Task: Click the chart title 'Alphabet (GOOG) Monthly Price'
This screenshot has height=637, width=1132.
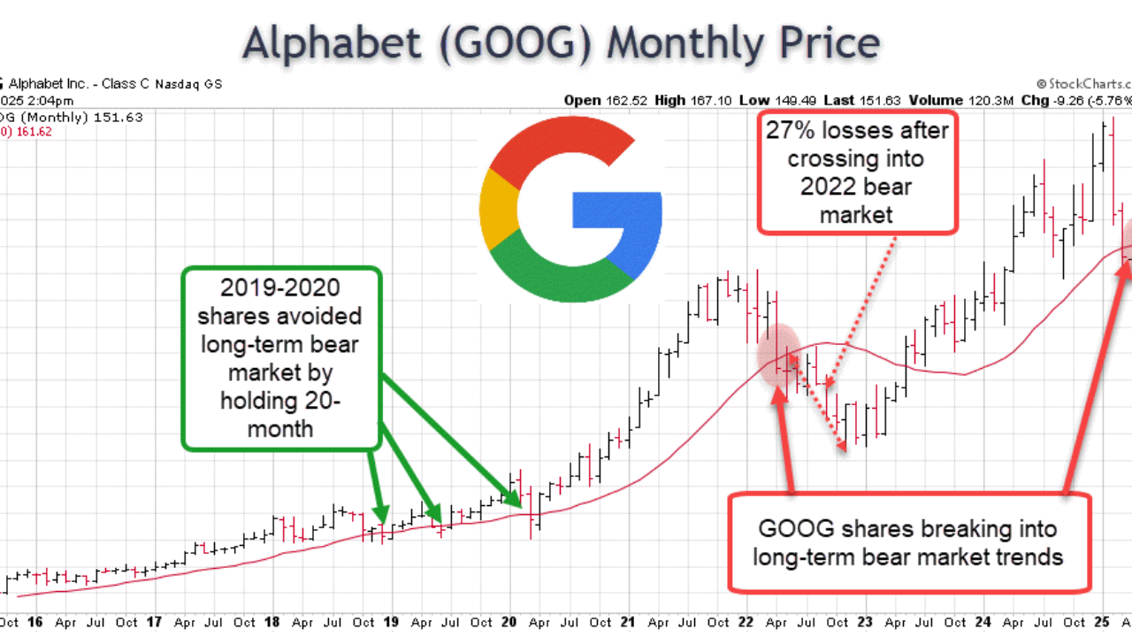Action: pos(562,42)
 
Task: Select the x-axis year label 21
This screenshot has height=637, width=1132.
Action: pos(629,622)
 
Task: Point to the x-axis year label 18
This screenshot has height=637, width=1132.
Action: pos(272,622)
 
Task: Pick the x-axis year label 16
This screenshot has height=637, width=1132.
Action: pos(34,622)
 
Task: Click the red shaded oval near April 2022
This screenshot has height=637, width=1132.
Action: pos(779,354)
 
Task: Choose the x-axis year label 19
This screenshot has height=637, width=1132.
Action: pos(391,622)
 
